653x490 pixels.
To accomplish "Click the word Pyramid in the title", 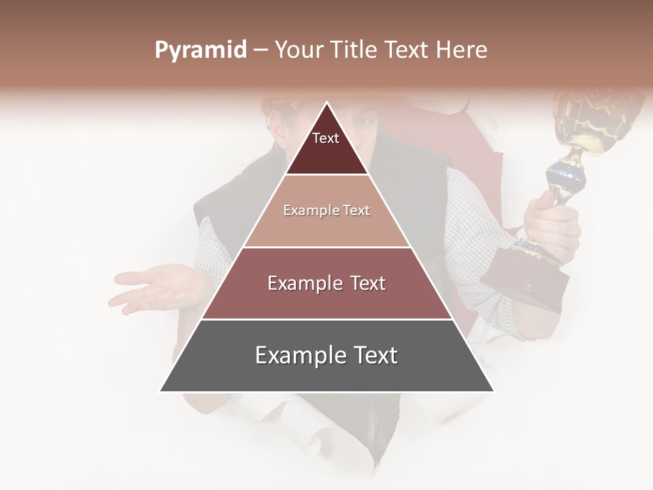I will (201, 50).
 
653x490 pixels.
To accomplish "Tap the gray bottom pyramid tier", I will (326, 367).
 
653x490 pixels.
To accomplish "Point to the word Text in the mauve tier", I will (363, 283).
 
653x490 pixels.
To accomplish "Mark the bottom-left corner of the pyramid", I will (161, 391).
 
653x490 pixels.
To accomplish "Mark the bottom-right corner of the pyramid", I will (494, 391).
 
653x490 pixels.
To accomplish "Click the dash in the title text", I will (261, 50).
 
